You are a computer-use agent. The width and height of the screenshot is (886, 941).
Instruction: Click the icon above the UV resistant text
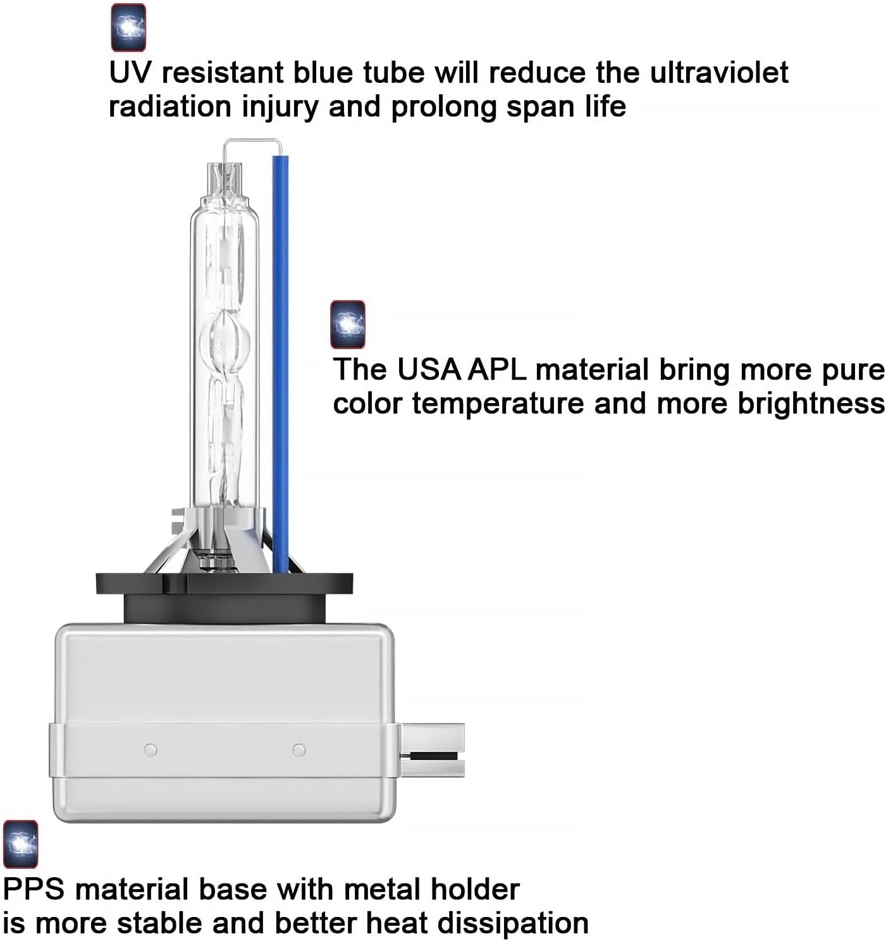click(x=128, y=27)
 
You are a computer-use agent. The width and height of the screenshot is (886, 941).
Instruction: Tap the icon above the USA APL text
click(x=348, y=324)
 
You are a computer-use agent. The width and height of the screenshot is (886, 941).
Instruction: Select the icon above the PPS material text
click(x=21, y=845)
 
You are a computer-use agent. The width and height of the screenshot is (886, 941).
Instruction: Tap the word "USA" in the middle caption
click(x=429, y=369)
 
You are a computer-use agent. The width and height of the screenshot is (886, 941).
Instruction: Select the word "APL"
click(x=497, y=369)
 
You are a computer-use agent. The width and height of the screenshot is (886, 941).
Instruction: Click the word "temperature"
click(x=498, y=404)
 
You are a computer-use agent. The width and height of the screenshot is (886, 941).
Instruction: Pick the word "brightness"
click(x=811, y=404)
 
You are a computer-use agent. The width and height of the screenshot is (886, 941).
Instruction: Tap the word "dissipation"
click(x=512, y=923)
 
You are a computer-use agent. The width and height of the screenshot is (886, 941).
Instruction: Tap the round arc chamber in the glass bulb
click(x=225, y=340)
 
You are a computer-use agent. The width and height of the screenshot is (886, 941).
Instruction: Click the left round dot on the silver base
click(x=151, y=750)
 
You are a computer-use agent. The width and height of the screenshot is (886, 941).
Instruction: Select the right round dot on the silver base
click(x=298, y=750)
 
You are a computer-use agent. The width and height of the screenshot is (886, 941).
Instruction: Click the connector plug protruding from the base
click(x=433, y=750)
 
